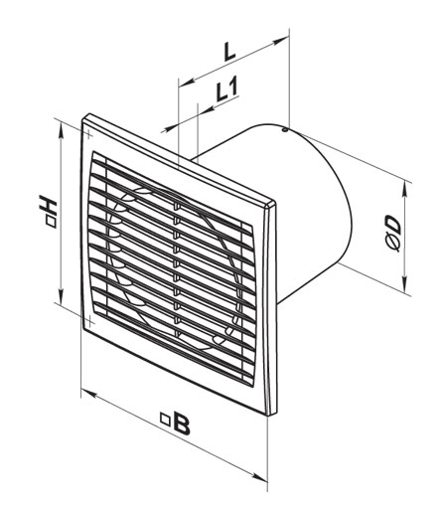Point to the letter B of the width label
[181, 425]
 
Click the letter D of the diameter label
[395, 229]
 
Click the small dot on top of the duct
[284, 128]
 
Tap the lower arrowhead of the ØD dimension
[404, 291]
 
